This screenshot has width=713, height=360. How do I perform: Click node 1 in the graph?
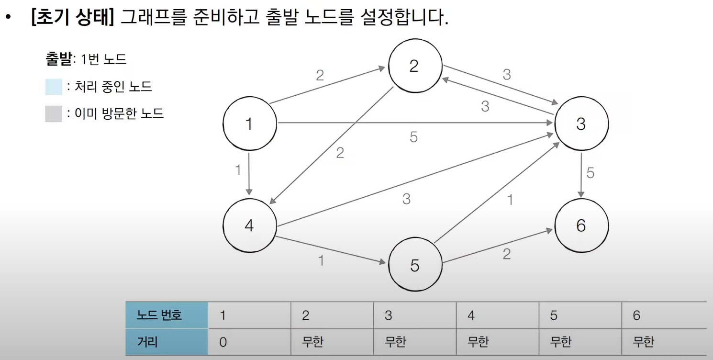(x=249, y=124)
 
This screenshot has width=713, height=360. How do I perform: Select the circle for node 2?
(x=414, y=66)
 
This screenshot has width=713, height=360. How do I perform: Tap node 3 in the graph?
(x=581, y=124)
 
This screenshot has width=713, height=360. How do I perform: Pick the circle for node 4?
(x=249, y=225)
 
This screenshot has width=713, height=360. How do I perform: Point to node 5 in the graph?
(x=414, y=265)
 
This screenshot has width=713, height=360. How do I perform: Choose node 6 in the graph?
(x=581, y=225)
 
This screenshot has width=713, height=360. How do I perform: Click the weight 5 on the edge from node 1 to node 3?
(x=413, y=137)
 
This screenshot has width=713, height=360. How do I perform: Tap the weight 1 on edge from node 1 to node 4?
(x=238, y=170)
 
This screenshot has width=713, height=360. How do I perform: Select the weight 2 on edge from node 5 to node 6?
(x=507, y=254)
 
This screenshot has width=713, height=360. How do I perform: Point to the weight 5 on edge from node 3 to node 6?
(x=590, y=173)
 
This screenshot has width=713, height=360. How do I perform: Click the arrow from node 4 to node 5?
(x=330, y=249)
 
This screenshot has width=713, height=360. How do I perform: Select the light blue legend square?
(x=54, y=87)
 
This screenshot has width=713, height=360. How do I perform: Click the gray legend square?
(x=54, y=114)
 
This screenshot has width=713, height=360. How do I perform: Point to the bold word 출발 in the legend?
(x=58, y=59)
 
